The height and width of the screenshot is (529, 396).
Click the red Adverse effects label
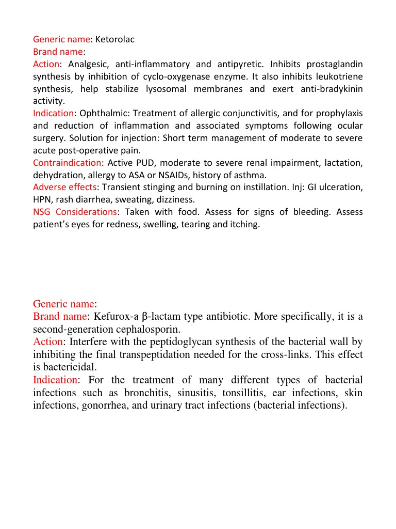coord(64,187)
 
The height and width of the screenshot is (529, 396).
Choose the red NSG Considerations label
coord(75,212)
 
